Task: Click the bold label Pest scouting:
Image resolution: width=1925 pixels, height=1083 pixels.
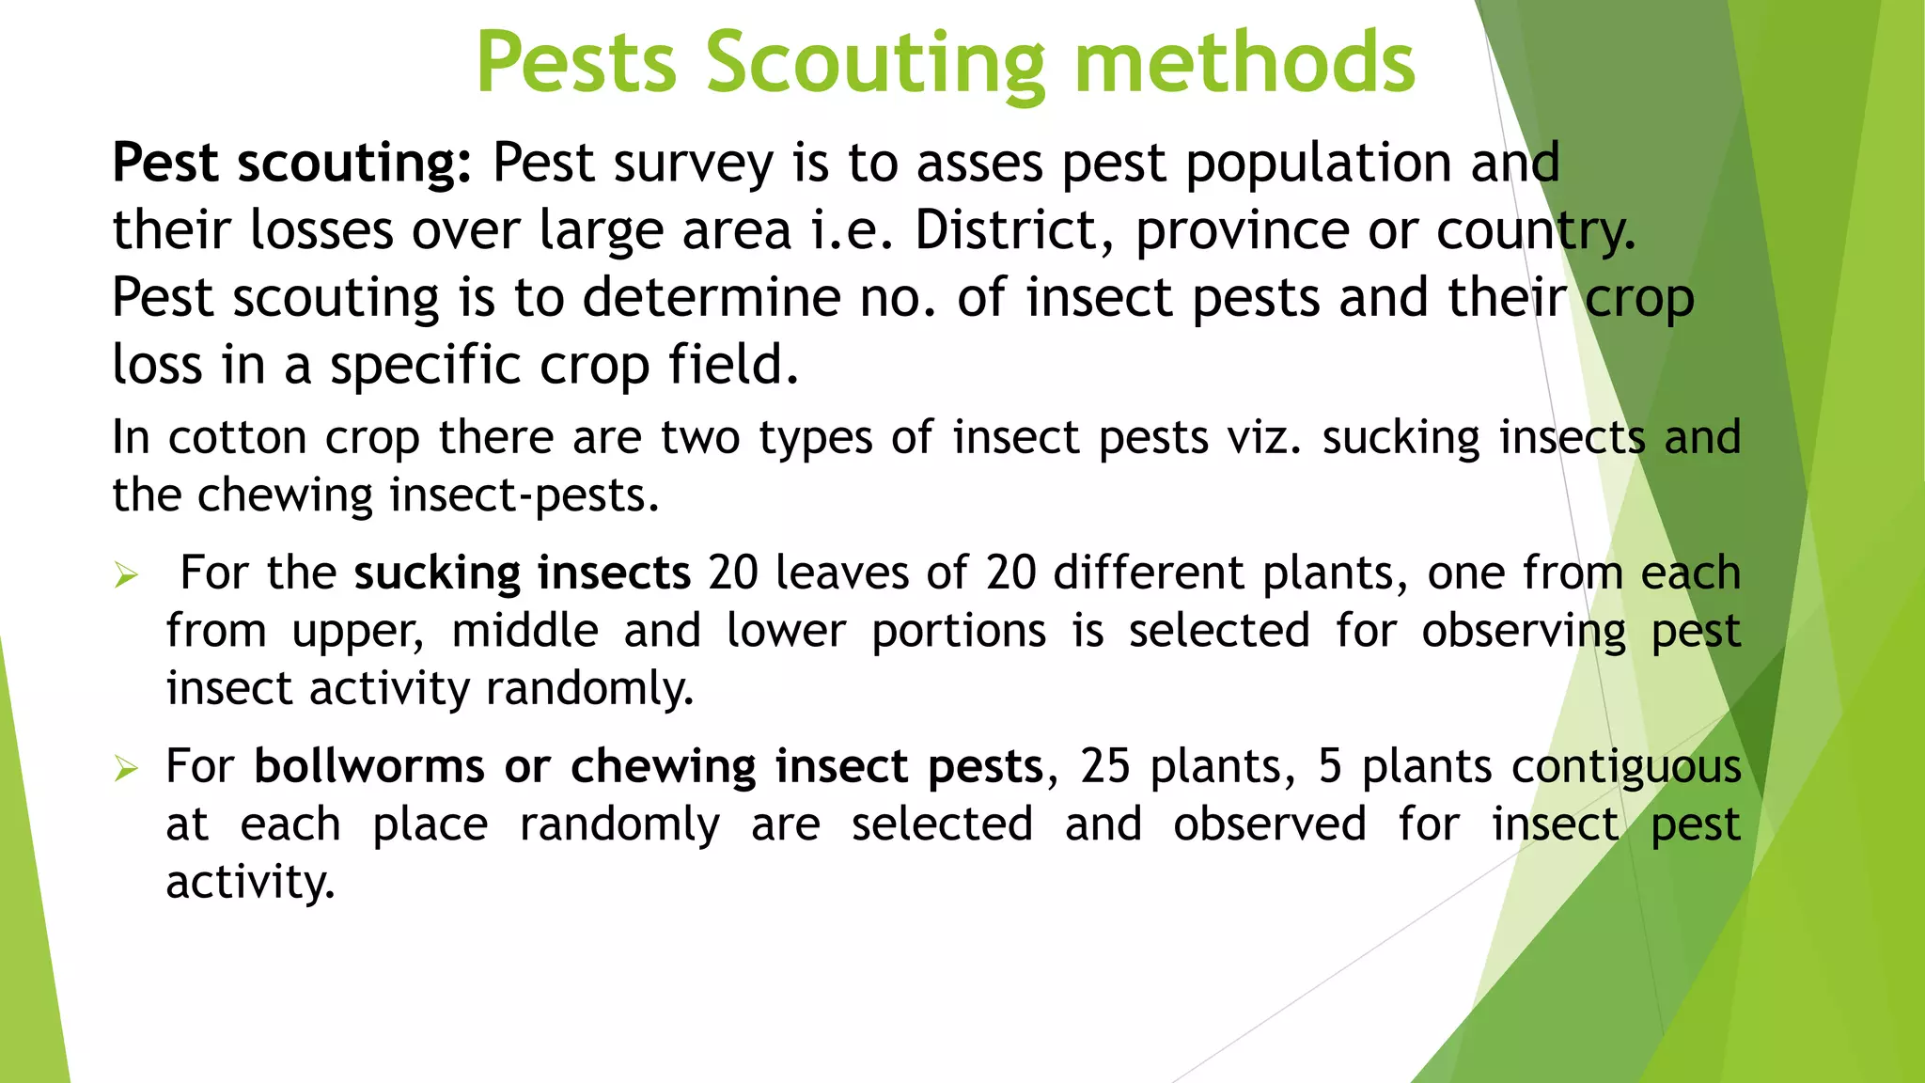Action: [291, 163]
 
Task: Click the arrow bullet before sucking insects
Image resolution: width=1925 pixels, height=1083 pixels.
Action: [126, 574]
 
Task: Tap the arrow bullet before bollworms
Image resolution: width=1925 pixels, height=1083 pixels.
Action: [126, 769]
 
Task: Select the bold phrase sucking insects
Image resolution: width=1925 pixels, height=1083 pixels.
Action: [523, 573]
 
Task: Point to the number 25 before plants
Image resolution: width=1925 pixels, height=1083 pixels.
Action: [1104, 766]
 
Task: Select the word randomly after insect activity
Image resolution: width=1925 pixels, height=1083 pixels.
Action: [589, 689]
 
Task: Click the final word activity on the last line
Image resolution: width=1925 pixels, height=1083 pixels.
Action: [250, 883]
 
